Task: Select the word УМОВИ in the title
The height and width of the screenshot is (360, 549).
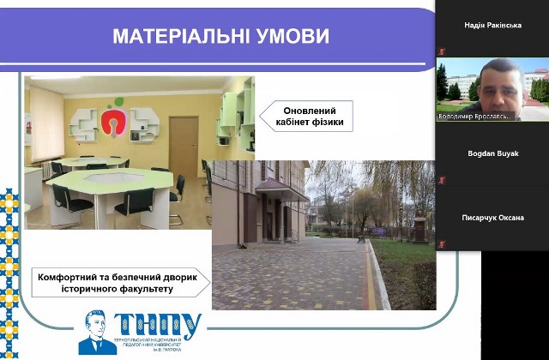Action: tap(290, 36)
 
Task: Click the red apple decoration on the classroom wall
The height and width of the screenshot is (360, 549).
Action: tap(114, 121)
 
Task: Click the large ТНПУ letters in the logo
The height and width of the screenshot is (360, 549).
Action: tap(159, 327)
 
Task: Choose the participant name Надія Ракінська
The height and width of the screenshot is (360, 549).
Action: tap(492, 25)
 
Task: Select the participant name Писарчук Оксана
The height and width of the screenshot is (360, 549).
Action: tap(492, 218)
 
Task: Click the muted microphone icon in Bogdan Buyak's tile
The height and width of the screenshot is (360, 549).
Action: tap(442, 180)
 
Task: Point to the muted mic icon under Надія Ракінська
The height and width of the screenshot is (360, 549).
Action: tap(442, 52)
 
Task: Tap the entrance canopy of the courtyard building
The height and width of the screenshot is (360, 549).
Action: tap(281, 189)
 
